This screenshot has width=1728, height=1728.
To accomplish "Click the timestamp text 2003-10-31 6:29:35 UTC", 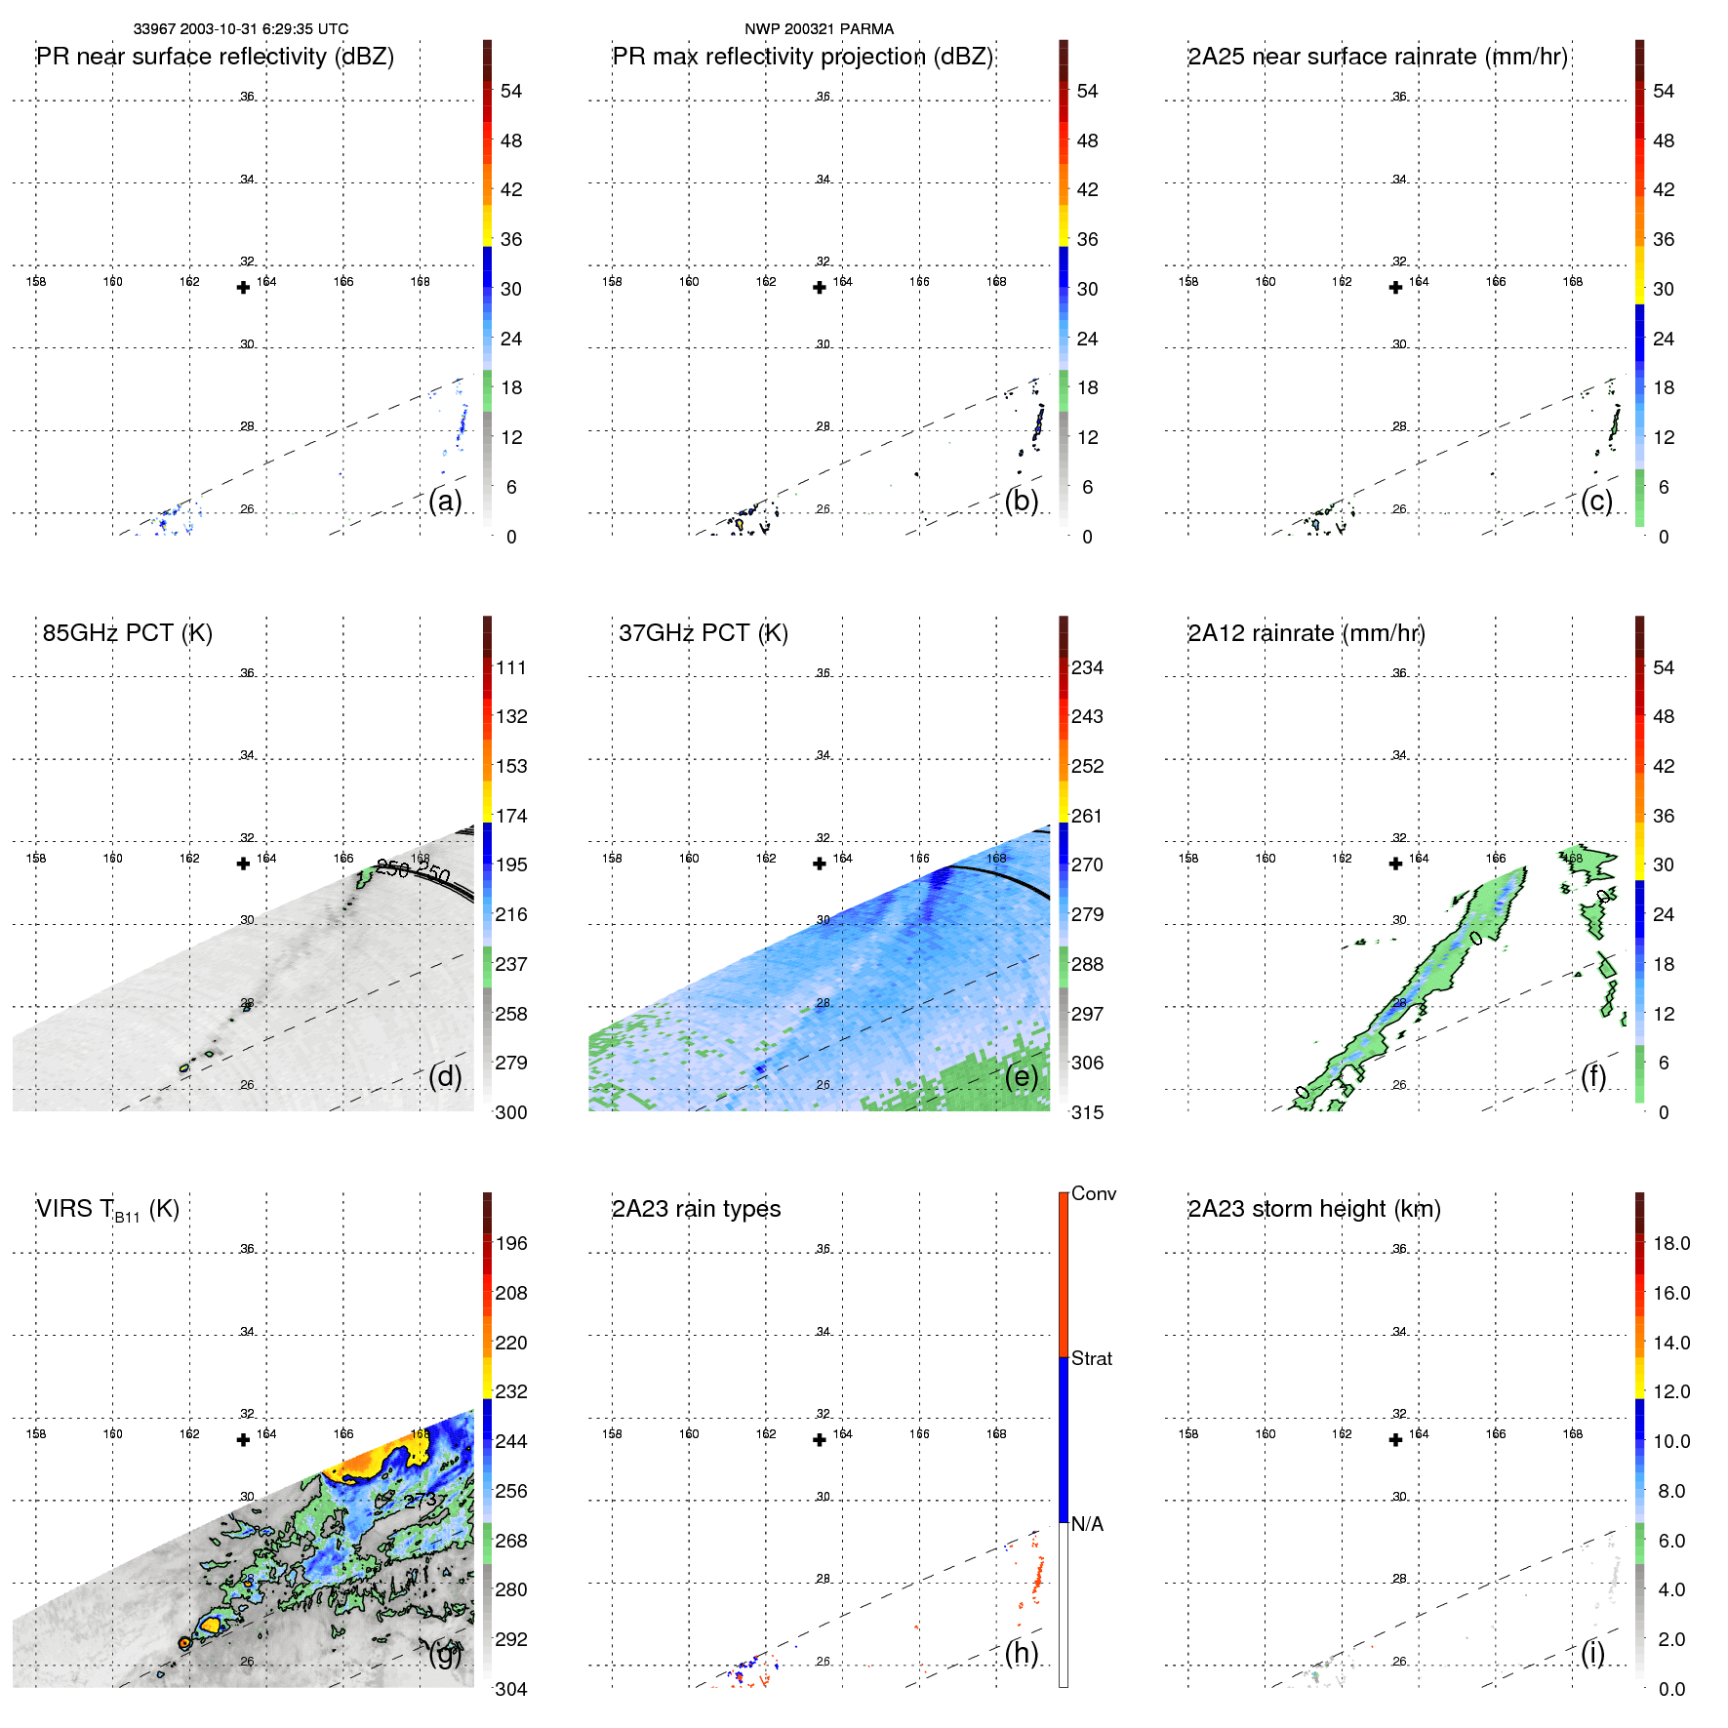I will click(263, 29).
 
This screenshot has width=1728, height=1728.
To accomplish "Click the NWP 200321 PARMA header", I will click(819, 29).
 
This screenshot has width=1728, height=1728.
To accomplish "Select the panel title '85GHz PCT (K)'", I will click(127, 633).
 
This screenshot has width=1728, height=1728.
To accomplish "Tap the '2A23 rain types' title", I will click(696, 1209).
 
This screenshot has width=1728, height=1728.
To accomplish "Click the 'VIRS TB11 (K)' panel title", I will click(107, 1210).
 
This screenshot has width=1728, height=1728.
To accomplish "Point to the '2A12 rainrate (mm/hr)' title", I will click(1306, 633).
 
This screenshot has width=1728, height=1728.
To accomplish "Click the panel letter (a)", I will click(445, 501).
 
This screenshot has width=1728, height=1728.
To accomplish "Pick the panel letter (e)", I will click(1021, 1076).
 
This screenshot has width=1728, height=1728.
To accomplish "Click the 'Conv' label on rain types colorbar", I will click(1093, 1193).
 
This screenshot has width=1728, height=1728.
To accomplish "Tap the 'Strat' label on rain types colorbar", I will click(1091, 1358).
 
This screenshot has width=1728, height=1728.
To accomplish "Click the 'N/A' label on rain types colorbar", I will click(1087, 1524).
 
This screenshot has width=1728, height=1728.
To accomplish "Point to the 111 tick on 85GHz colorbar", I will click(511, 667).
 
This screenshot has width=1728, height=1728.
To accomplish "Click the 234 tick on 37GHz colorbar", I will click(1087, 667).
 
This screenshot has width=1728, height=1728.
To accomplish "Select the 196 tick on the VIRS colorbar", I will click(511, 1243).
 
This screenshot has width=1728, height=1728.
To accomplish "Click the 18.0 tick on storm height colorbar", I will click(1670, 1243).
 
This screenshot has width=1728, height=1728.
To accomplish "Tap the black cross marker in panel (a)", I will click(244, 287).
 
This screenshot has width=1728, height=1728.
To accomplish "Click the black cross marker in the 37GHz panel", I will click(820, 864).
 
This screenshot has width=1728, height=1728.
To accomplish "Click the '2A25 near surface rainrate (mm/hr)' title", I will click(1377, 57).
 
